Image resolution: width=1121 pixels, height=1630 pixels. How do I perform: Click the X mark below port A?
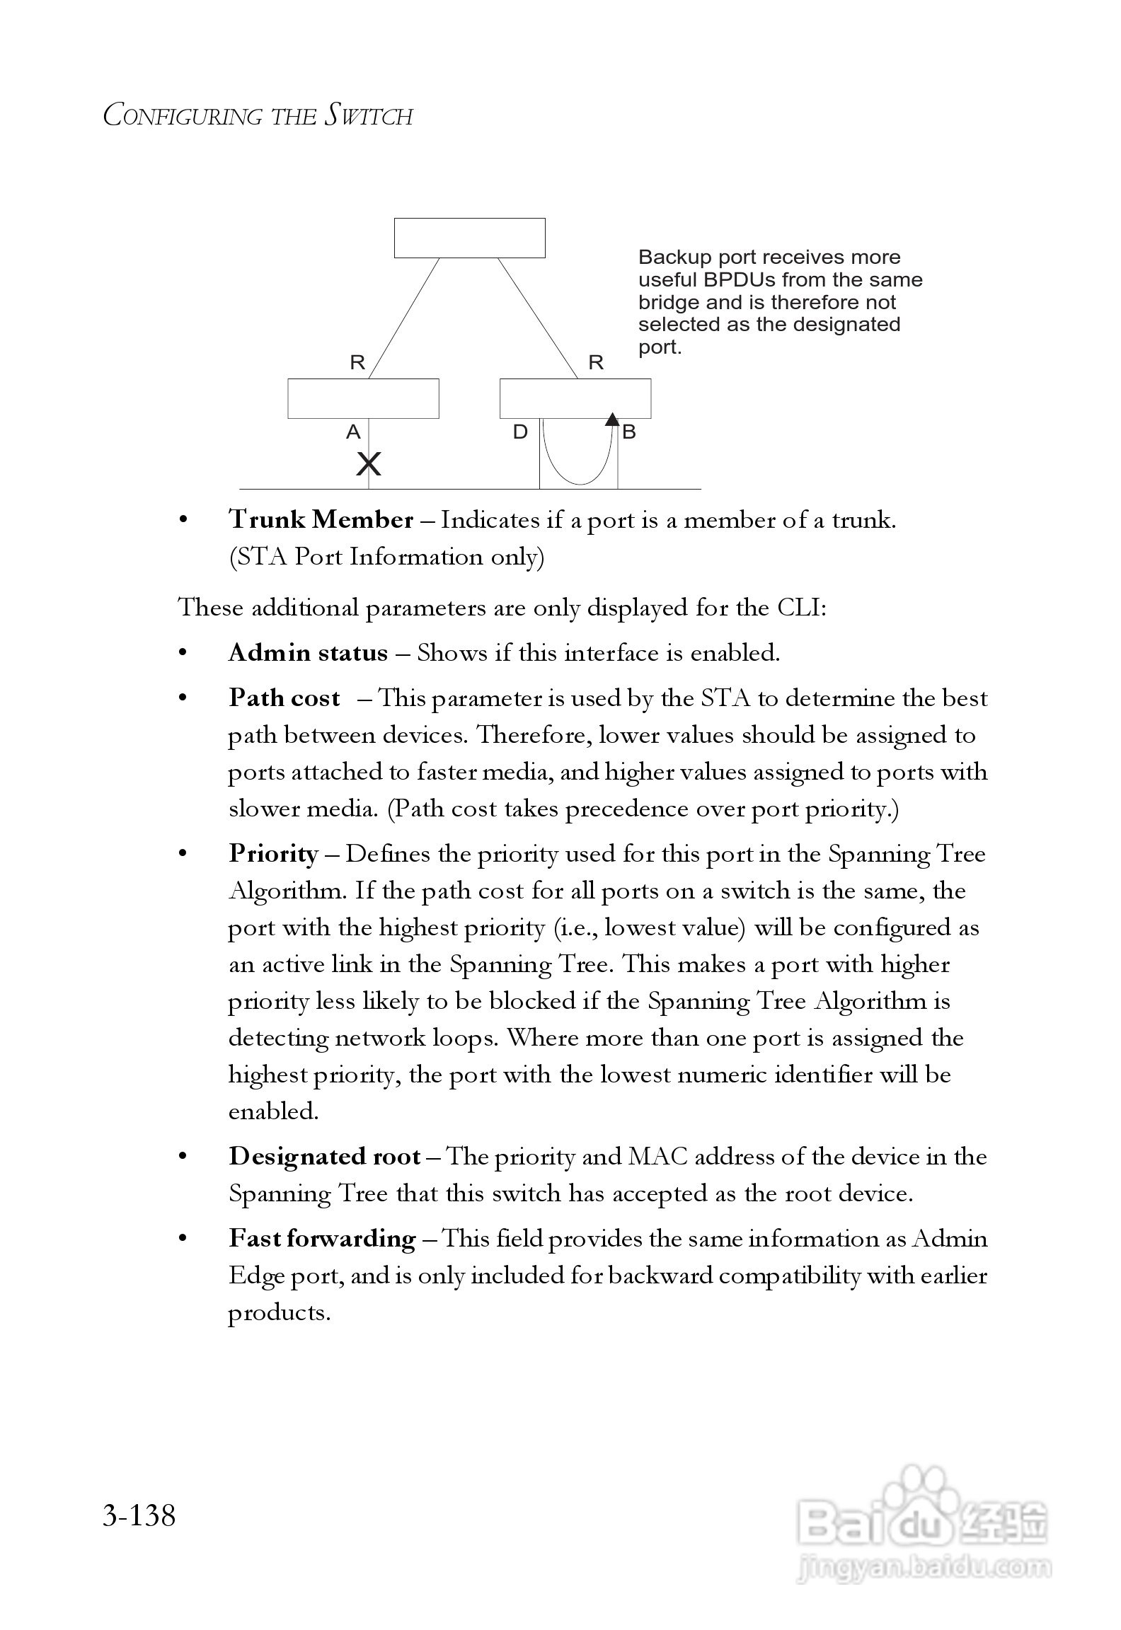(369, 464)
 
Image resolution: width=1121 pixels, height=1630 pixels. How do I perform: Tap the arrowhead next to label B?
(613, 419)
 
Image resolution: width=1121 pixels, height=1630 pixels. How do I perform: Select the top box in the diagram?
(469, 238)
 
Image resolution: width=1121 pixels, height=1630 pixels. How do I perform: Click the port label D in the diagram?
(520, 432)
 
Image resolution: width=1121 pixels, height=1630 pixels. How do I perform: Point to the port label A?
(353, 432)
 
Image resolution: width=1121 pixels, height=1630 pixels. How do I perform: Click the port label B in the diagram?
(629, 432)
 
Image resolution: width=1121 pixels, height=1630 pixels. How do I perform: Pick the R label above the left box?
(357, 363)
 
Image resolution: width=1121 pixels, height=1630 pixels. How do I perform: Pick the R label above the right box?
(596, 363)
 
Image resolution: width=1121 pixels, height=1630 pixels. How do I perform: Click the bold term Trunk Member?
(321, 520)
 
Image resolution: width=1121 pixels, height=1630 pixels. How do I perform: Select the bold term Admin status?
(308, 652)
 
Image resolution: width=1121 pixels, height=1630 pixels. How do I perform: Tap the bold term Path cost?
(284, 698)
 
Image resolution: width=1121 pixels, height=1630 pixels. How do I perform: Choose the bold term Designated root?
(325, 1157)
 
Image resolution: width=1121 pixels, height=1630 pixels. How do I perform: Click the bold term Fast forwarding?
(322, 1239)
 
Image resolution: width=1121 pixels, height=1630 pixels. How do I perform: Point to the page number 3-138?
(139, 1515)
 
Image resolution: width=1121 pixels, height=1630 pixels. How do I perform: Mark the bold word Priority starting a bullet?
(273, 854)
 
